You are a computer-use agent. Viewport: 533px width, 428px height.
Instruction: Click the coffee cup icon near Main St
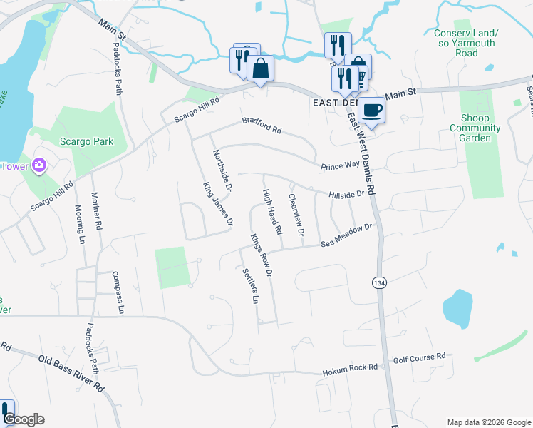371,109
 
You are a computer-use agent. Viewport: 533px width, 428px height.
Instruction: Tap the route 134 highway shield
377,282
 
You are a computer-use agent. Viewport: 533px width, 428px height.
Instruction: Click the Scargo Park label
86,141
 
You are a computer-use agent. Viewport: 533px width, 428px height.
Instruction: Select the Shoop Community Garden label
475,128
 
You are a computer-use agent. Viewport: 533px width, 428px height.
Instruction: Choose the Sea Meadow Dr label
347,236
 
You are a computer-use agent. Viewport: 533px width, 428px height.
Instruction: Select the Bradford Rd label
262,126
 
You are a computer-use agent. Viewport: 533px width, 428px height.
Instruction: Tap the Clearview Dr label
296,215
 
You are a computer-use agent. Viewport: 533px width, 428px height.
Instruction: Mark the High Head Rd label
273,211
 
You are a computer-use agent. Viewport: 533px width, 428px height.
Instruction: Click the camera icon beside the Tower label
38,166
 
